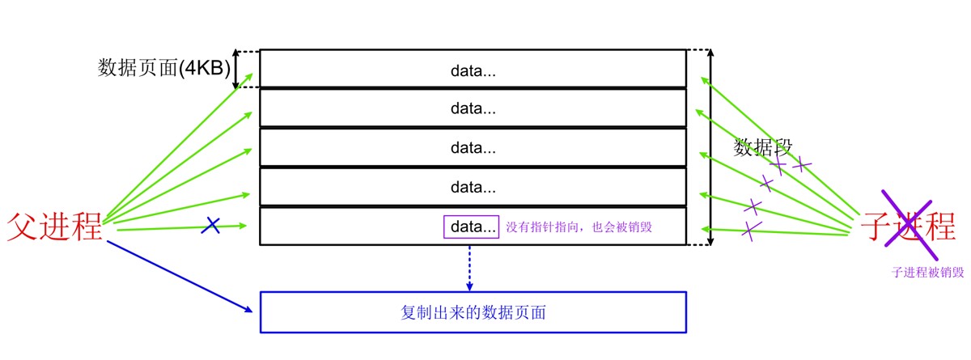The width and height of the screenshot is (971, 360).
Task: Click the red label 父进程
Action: [55, 227]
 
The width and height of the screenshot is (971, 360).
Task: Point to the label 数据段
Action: [763, 147]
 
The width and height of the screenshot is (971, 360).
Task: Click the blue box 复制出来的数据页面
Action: [473, 311]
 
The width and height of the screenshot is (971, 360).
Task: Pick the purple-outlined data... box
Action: [471, 227]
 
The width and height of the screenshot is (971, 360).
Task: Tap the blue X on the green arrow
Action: [210, 226]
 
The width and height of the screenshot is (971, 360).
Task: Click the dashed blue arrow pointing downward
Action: [470, 267]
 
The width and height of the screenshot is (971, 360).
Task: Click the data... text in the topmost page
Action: [473, 71]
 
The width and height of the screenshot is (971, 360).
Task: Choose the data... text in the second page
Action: [473, 108]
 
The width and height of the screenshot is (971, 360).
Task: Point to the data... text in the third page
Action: [473, 148]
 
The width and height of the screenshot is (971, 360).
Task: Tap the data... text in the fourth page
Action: [473, 188]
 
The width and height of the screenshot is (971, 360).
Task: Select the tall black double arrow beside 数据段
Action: [710, 146]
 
